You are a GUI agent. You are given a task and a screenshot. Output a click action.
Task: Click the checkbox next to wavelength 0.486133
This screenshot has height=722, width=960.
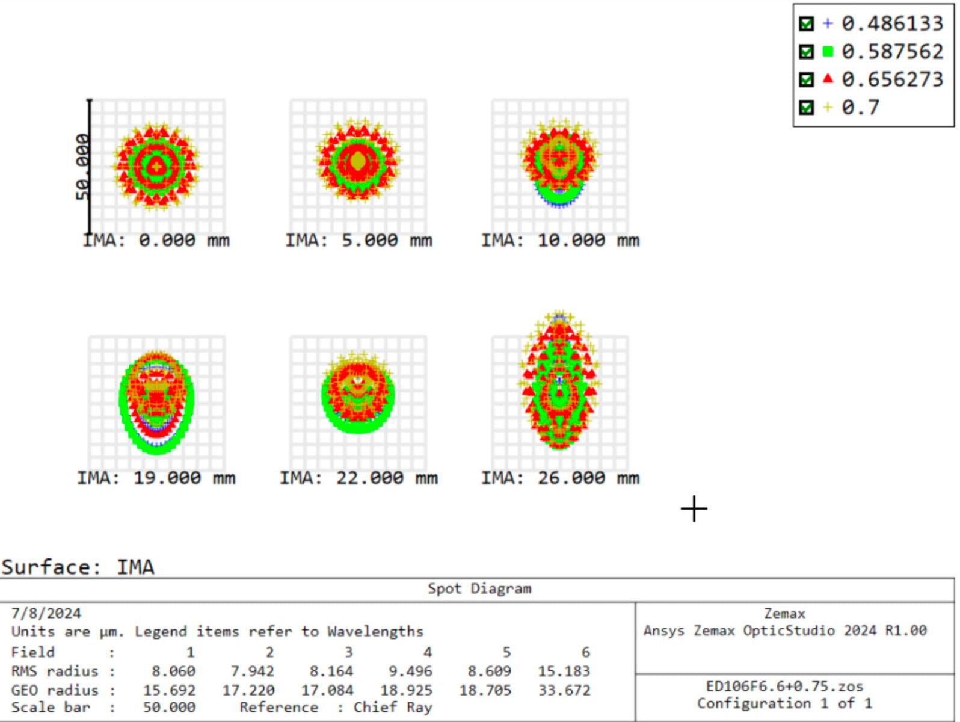[806, 23]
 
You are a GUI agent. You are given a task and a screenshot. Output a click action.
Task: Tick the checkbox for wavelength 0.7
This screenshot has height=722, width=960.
[806, 108]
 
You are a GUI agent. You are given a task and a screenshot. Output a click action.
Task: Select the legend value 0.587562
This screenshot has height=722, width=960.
[892, 52]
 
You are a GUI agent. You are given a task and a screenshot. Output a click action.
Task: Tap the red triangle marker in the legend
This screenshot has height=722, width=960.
[828, 79]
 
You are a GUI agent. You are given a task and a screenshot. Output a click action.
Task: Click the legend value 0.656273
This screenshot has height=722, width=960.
[892, 79]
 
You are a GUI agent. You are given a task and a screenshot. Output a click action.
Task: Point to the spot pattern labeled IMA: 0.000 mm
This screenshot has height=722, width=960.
[156, 166]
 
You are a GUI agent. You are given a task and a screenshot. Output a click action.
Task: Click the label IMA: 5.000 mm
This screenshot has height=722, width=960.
[358, 241]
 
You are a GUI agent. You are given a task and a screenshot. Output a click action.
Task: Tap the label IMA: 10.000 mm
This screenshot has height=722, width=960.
[560, 241]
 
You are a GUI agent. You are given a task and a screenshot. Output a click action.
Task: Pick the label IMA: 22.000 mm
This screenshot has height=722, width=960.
[358, 478]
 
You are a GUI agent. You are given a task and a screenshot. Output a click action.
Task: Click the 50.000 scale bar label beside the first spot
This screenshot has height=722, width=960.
[82, 167]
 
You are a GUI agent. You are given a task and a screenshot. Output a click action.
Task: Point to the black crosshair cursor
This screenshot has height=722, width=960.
[694, 509]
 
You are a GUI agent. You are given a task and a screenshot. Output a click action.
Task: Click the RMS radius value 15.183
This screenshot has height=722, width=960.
[564, 671]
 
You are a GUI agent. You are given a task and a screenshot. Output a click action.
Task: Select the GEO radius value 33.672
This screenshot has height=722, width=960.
[564, 690]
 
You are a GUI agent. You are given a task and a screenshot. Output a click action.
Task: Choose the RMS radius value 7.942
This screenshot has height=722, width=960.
[252, 671]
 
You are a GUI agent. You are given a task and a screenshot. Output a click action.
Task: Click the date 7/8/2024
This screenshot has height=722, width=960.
[46, 614]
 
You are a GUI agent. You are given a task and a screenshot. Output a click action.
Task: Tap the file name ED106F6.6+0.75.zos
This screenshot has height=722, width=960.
[784, 687]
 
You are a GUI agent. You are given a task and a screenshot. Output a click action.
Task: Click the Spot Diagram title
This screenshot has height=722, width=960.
[479, 589]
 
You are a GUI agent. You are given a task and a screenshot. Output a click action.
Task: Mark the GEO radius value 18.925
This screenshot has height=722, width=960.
[406, 690]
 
